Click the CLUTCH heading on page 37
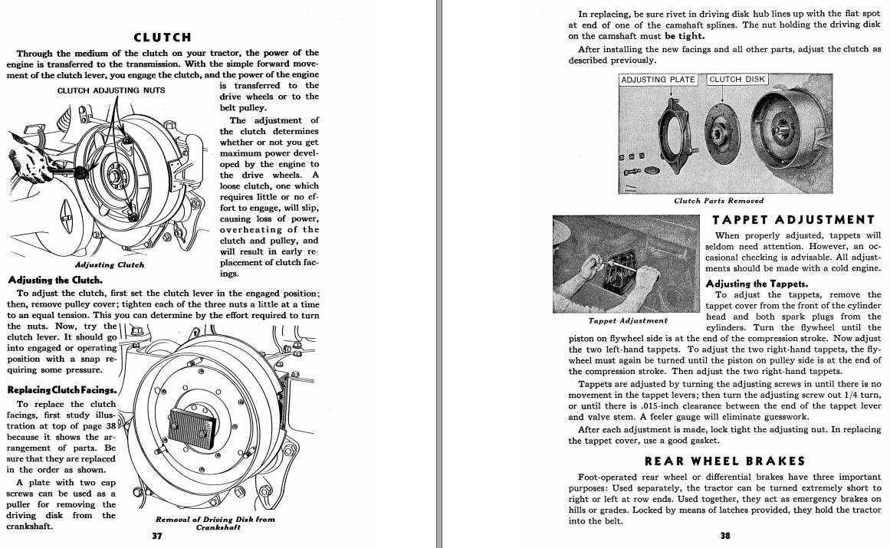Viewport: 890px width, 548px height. pos(162,37)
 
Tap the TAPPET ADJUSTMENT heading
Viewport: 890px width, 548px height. pos(793,220)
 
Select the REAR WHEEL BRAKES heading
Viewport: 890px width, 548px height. pos(724,461)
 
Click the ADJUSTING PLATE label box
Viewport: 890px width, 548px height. pos(658,80)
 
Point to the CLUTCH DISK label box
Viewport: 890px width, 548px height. pos(737,79)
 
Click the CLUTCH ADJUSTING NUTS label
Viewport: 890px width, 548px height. pos(110,90)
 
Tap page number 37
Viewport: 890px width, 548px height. pos(157,536)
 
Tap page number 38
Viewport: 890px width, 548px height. pos(724,536)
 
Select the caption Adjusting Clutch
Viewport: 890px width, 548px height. pos(110,265)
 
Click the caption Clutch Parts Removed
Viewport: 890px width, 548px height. pos(718,201)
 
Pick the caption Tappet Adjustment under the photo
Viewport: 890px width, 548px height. pos(628,320)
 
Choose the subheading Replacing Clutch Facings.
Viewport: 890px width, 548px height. pos(61,389)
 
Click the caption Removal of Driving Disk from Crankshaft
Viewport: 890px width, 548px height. pos(215,523)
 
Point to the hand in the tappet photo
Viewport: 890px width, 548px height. pos(593,264)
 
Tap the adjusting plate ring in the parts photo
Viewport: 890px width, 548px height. pos(677,138)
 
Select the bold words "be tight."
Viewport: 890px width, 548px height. pos(685,35)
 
